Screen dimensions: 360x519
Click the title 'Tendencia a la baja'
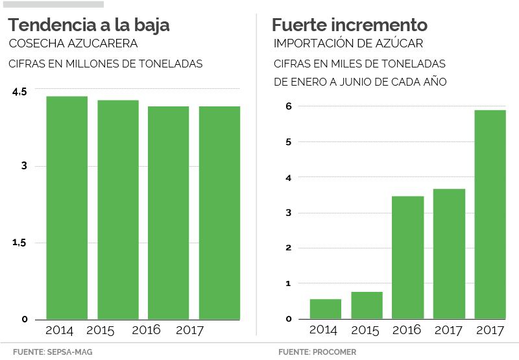(x=89, y=25)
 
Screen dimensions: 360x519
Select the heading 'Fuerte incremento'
(x=350, y=25)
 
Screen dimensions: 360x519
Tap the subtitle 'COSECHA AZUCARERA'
(x=72, y=44)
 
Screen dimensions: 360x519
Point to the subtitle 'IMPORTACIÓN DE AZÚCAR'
(x=348, y=44)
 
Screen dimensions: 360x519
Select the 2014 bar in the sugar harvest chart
(x=67, y=208)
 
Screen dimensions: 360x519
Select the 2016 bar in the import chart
(x=408, y=258)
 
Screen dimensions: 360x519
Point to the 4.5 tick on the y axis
(x=19, y=92)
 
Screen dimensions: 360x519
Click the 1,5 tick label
(x=19, y=243)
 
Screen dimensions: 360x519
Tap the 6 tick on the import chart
(x=289, y=106)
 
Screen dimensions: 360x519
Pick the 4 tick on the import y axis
(x=289, y=177)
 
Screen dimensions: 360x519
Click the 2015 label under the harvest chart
(x=100, y=331)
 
